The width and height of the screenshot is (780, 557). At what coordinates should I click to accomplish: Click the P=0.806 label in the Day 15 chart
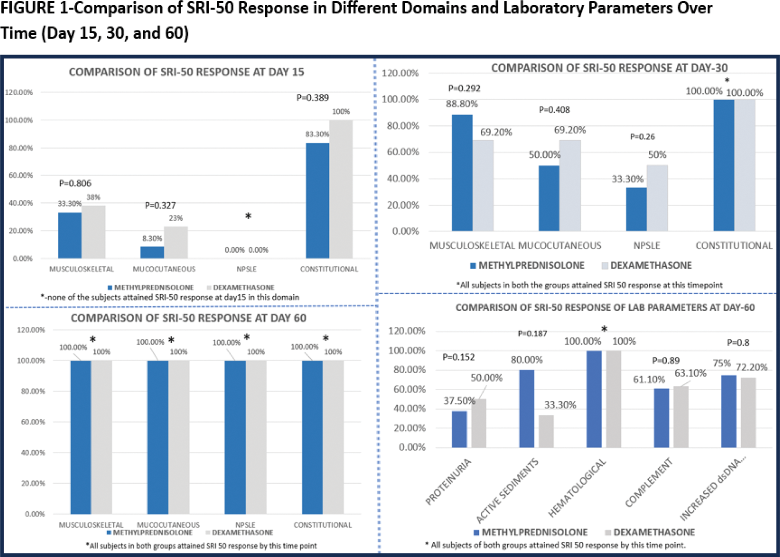tap(75, 183)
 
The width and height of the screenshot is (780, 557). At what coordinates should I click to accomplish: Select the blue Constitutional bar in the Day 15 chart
tap(317, 200)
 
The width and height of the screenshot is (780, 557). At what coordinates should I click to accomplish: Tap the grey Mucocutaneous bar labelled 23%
tap(176, 242)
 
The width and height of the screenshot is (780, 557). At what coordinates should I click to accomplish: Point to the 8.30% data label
tap(152, 239)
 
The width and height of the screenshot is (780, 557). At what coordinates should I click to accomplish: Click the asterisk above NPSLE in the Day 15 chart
tap(248, 217)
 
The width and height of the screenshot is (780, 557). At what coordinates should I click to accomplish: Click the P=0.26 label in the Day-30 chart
tap(642, 137)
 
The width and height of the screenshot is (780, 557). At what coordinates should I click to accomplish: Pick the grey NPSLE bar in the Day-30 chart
tap(657, 198)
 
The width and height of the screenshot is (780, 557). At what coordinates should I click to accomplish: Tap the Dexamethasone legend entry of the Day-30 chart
tap(646, 265)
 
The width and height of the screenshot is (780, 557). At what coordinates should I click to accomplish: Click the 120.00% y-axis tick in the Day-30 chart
tap(400, 73)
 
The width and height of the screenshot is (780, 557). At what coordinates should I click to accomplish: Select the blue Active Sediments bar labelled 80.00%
tap(526, 408)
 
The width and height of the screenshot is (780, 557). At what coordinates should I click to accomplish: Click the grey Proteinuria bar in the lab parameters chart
tap(479, 423)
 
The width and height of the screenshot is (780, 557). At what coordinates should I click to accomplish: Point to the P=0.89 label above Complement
tap(666, 360)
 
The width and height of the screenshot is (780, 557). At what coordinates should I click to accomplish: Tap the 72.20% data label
tap(752, 367)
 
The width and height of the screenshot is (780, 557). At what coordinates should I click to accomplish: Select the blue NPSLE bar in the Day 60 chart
tap(235, 437)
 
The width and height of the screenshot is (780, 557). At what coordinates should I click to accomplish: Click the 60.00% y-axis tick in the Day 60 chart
tap(33, 422)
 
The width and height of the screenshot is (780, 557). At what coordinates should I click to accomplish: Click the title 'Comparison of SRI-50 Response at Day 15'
tap(186, 72)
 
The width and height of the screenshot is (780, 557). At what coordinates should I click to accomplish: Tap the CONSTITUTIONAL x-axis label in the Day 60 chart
tap(322, 525)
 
